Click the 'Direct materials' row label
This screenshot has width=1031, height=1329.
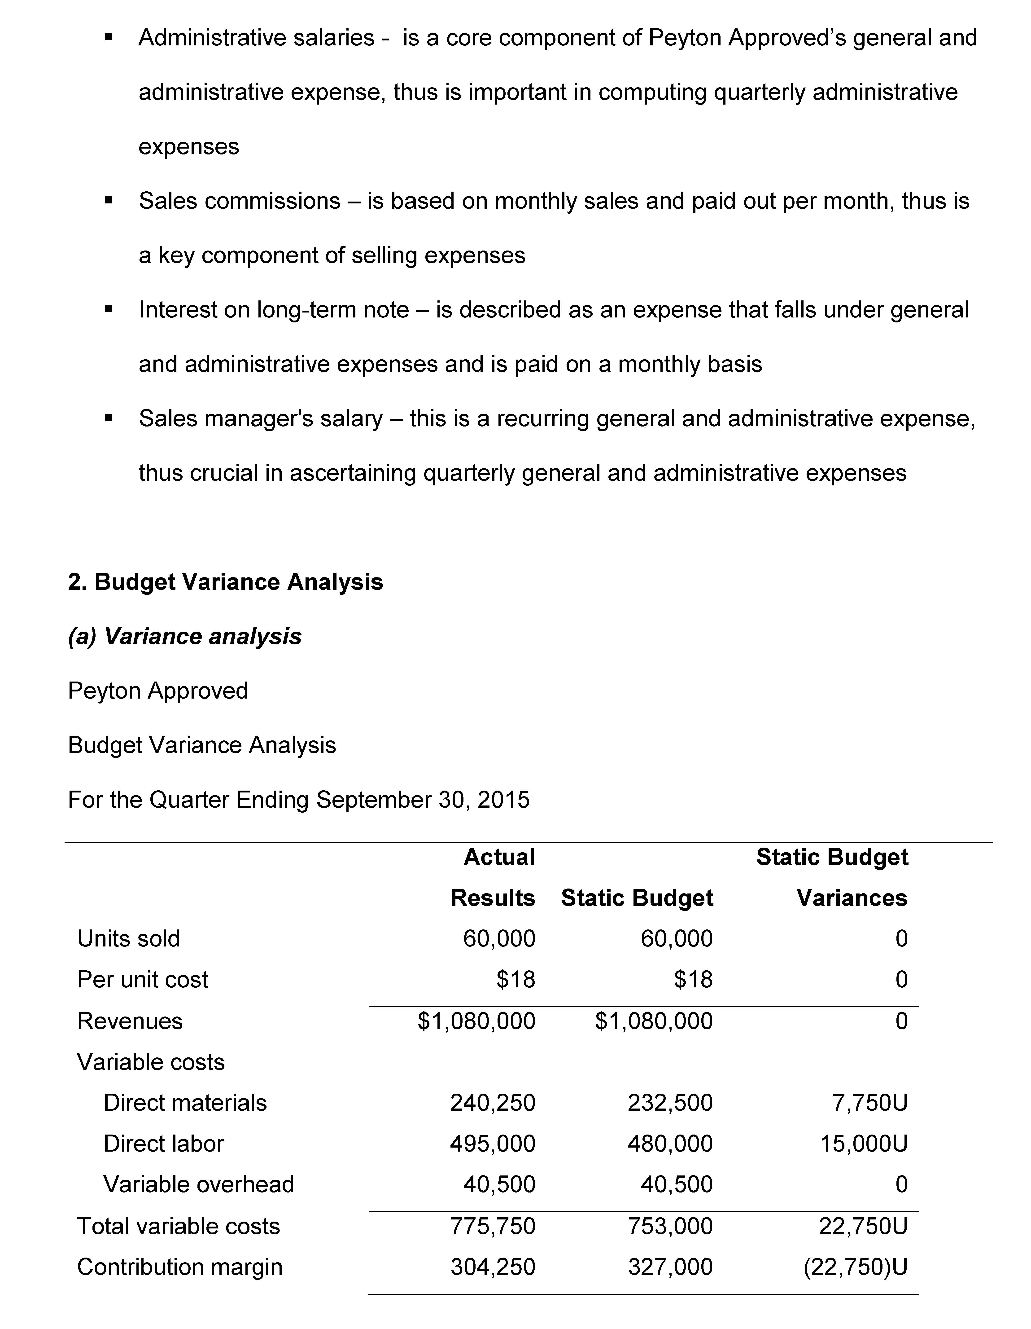tap(185, 1103)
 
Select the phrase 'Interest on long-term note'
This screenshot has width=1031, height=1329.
tap(274, 310)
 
